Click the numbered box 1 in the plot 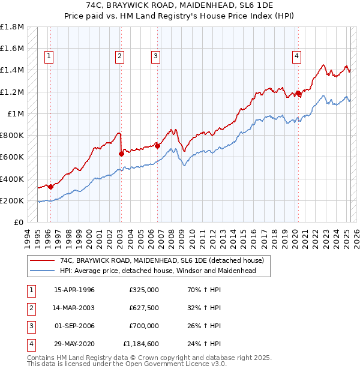coord(49,56)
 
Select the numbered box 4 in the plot coord(296,56)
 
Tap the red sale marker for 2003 coord(121,154)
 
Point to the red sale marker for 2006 coord(157,146)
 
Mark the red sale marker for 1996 coord(50,187)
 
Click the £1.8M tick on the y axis coord(12,27)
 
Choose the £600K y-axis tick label coord(12,157)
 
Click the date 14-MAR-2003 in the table coord(74,308)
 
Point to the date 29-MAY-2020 coord(74,344)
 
